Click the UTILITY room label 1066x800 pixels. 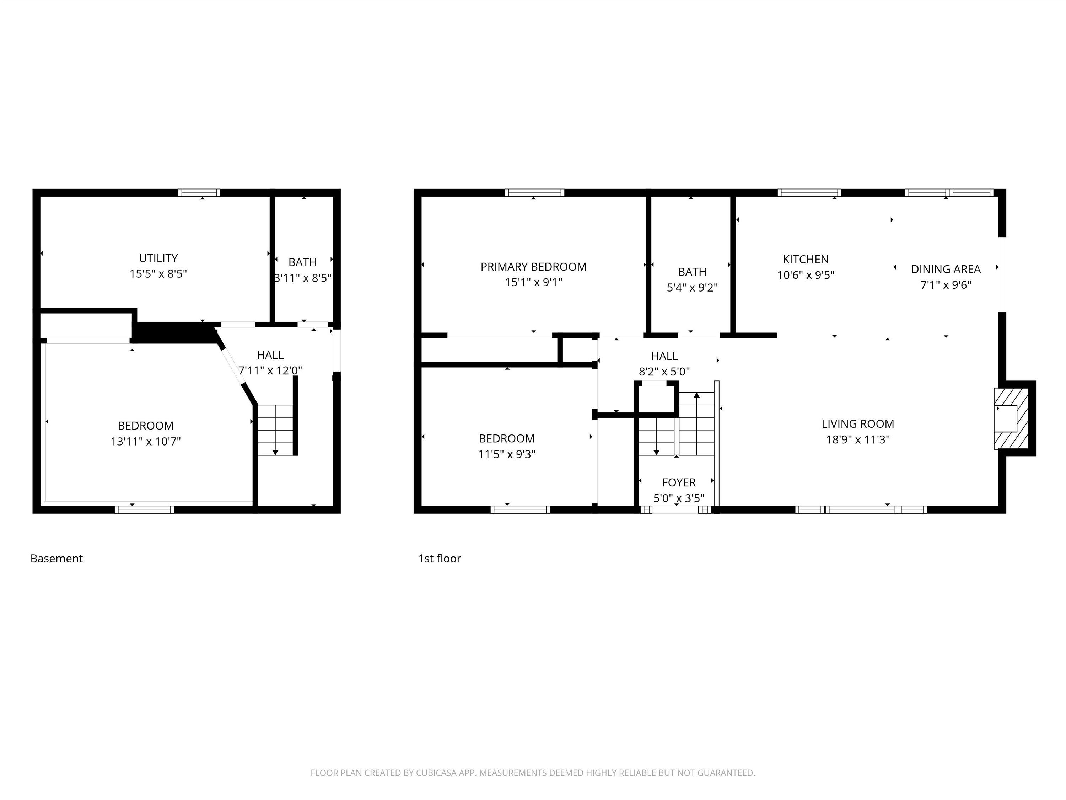coord(158,258)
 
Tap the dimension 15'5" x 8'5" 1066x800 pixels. coord(158,274)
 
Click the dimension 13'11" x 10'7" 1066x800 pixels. coord(146,441)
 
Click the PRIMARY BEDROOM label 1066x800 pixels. coord(533,267)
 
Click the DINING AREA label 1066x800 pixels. coord(946,269)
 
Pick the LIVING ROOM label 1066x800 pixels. coord(858,424)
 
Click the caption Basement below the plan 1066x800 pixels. coord(56,559)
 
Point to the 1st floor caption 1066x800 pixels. coord(439,559)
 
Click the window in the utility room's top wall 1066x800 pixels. coord(199,193)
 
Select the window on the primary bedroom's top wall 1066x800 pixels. coord(534,193)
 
